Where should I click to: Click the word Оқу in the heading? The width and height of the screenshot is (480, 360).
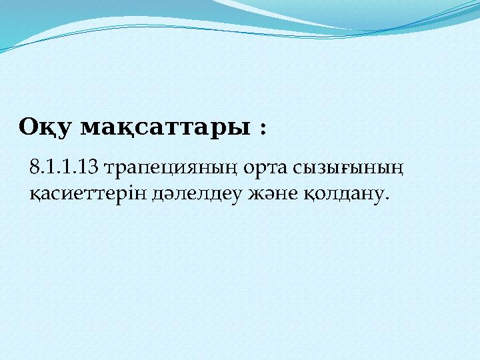[x=45, y=127]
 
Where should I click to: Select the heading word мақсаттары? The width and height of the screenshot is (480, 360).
[x=165, y=127]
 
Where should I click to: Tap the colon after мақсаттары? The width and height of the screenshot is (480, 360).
[x=261, y=127]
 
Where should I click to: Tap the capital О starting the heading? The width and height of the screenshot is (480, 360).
[x=28, y=126]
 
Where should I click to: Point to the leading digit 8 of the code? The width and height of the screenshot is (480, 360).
[x=35, y=167]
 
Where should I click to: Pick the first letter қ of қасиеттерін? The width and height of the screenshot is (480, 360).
[x=35, y=194]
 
